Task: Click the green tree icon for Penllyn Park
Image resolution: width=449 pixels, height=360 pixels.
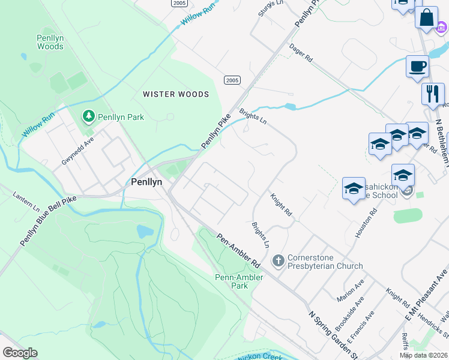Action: [89, 115]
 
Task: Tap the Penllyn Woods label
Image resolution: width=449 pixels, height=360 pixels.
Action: [50, 42]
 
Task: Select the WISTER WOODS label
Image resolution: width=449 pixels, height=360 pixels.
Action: [176, 94]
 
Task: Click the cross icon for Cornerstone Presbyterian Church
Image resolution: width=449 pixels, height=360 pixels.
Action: [278, 260]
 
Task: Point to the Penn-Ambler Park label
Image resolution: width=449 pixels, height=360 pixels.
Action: [232, 281]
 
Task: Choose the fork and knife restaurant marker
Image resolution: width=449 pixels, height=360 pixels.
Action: [432, 94]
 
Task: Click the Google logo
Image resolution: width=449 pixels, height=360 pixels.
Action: [20, 353]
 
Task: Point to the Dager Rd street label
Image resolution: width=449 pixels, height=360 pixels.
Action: [301, 52]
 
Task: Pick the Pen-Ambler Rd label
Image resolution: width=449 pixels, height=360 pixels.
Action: [238, 251]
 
